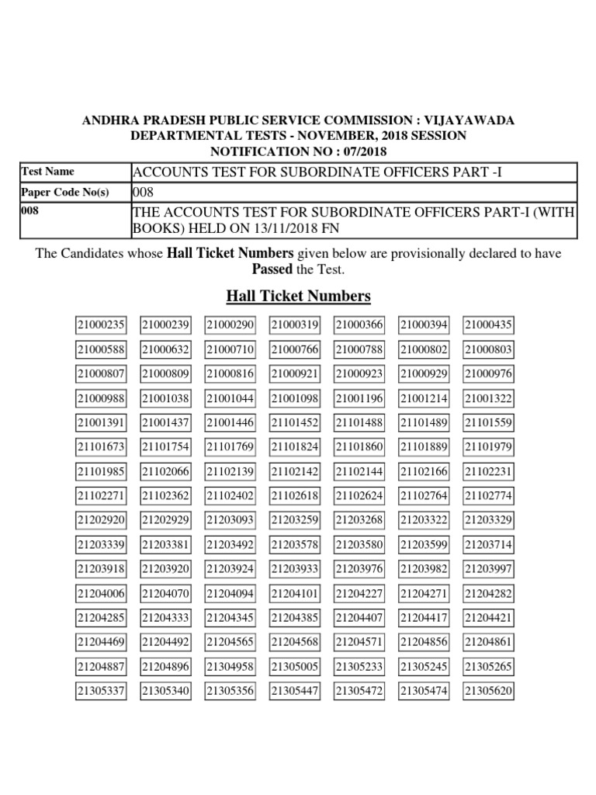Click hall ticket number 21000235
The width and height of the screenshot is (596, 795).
pos(101,325)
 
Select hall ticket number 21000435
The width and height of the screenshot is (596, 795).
pos(488,325)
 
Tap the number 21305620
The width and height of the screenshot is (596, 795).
pos(488,691)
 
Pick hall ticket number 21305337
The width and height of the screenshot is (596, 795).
pos(101,691)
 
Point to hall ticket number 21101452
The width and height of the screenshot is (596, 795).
pos(295,423)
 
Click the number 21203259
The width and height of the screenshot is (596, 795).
pos(295,520)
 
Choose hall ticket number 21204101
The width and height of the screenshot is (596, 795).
pos(295,594)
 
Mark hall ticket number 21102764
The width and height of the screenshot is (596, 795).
pos(424,496)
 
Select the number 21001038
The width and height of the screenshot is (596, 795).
pos(165,398)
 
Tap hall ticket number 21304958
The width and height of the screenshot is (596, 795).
pos(230,667)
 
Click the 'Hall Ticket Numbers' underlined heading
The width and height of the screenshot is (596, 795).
pos(298,296)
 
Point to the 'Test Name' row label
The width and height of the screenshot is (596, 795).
pos(48,172)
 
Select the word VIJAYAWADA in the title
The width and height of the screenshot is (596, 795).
pos(469,120)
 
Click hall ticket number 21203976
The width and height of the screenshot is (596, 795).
pos(359,569)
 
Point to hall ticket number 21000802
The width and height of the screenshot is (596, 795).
pos(424,350)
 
